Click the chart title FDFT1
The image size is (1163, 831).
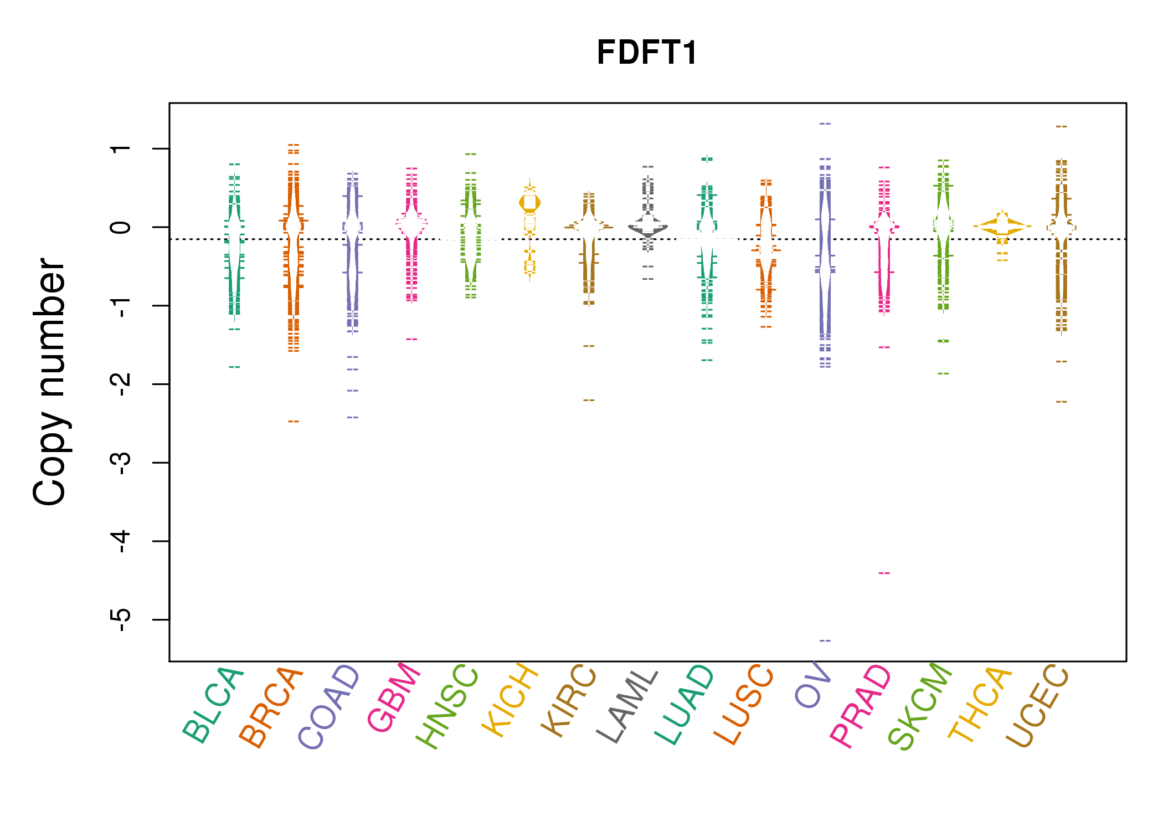[x=647, y=53]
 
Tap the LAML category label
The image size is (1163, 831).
[x=627, y=706]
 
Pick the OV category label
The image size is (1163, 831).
[x=812, y=685]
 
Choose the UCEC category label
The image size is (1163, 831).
[x=1037, y=706]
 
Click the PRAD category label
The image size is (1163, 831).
[x=861, y=706]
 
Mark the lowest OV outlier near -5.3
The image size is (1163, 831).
[x=825, y=640]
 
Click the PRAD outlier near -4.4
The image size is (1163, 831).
[x=884, y=573]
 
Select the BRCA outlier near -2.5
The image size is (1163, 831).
[x=294, y=422]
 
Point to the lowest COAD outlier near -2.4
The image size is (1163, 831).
[x=353, y=417]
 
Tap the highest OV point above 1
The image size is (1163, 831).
[x=825, y=124]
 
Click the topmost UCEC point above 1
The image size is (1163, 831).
[x=1061, y=126]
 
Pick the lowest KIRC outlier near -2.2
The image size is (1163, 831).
[x=589, y=400]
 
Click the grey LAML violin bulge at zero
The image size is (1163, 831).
[x=648, y=227]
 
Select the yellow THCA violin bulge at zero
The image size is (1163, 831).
[x=1002, y=226]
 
